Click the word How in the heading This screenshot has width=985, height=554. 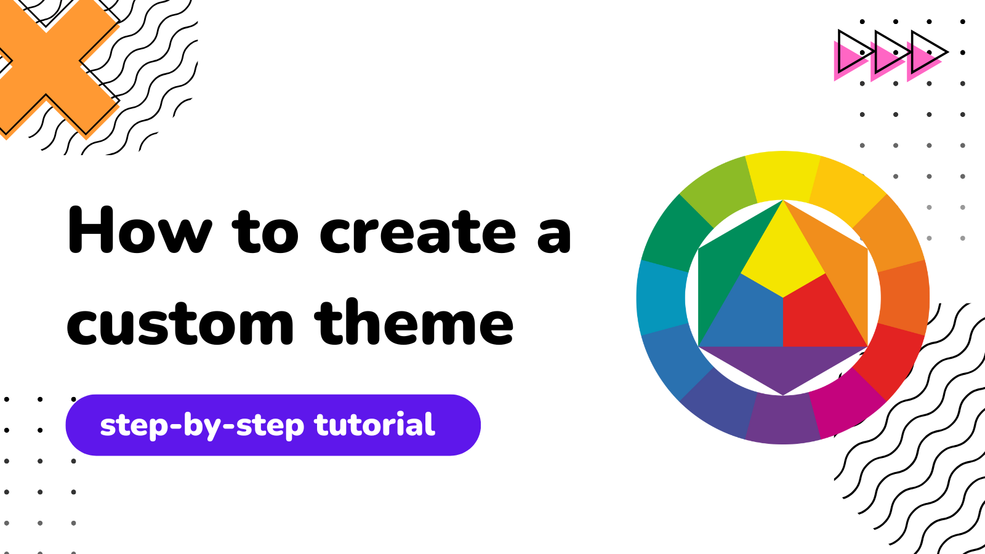tap(140, 230)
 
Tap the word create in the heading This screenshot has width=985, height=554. tap(417, 231)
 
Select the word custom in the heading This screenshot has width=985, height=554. tap(180, 323)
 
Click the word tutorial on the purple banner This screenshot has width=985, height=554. tap(374, 425)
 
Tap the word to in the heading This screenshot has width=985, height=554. tap(265, 231)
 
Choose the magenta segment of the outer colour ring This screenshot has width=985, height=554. tap(844, 403)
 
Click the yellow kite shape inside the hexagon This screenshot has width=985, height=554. tap(783, 255)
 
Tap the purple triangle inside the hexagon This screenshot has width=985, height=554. tap(783, 365)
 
